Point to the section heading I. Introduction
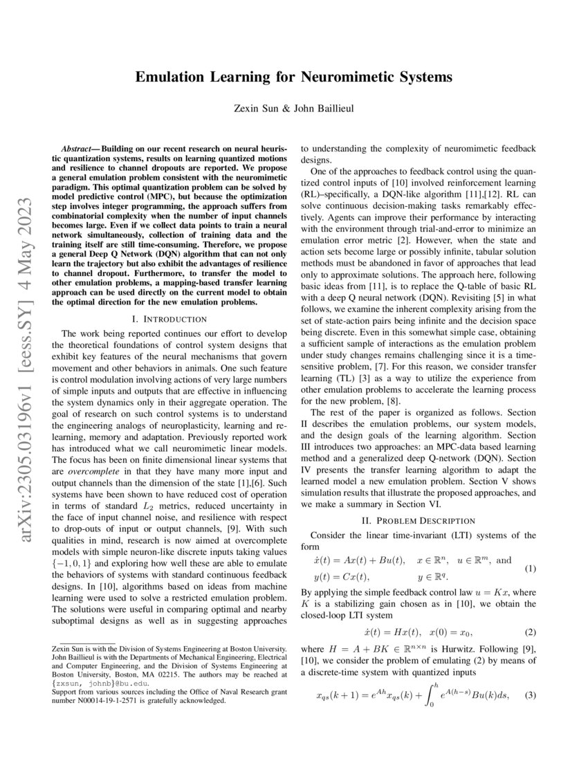click(x=169, y=319)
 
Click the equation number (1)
click(x=530, y=569)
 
